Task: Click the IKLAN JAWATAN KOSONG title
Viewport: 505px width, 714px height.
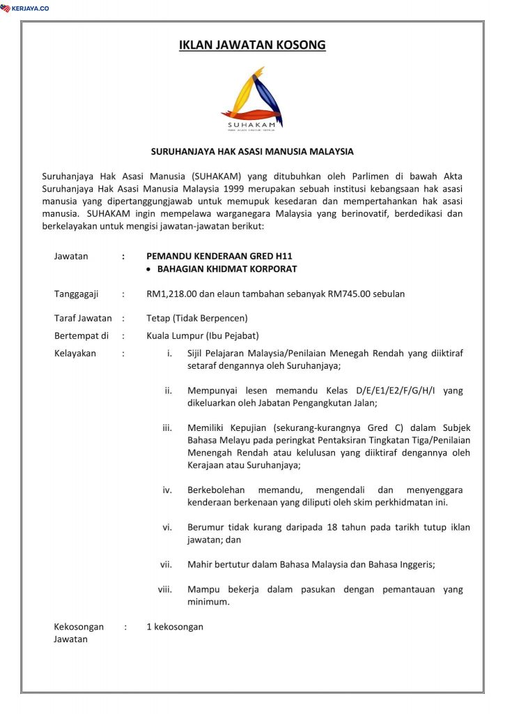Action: (252, 46)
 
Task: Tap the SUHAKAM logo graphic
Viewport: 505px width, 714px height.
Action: (252, 98)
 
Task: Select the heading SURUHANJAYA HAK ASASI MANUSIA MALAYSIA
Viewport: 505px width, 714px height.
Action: (252, 151)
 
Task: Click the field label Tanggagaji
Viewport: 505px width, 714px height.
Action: (77, 294)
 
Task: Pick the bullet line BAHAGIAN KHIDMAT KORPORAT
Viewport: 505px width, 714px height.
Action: (227, 269)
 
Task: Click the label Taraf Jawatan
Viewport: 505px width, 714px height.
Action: (83, 318)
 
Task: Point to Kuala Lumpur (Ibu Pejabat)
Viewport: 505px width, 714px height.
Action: (203, 335)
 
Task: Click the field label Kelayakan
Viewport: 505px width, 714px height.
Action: (75, 354)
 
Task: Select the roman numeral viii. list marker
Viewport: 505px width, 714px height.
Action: (165, 590)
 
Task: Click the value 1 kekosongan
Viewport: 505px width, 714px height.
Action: (175, 627)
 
